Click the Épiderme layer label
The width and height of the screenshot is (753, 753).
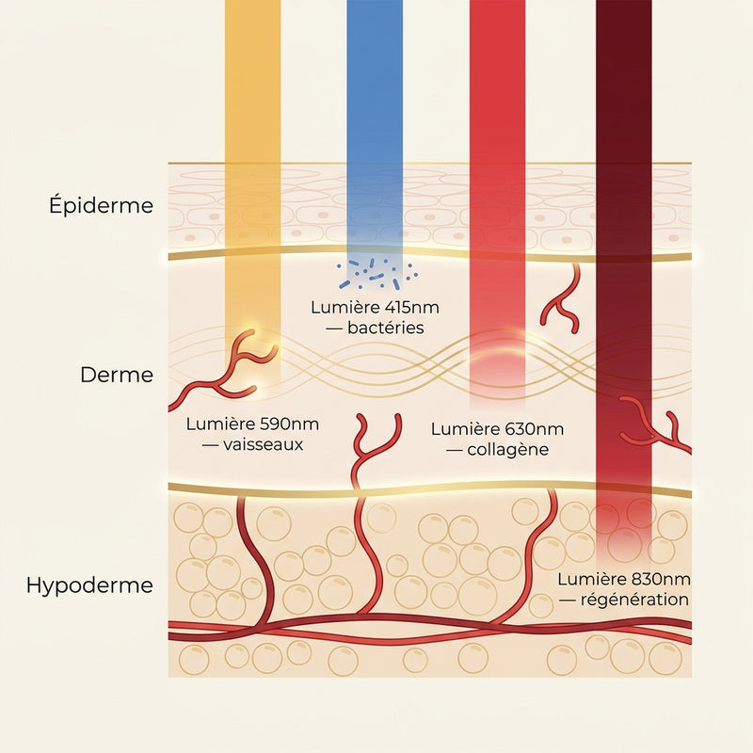pyautogui.click(x=101, y=205)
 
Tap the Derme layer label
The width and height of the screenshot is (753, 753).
pyautogui.click(x=117, y=375)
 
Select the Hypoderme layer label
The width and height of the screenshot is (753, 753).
pyautogui.click(x=89, y=585)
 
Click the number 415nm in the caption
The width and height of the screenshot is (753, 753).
pyautogui.click(x=412, y=308)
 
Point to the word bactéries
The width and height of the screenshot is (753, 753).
pyautogui.click(x=386, y=328)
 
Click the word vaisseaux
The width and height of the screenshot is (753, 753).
pyautogui.click(x=264, y=444)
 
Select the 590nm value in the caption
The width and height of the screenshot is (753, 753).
pyautogui.click(x=289, y=425)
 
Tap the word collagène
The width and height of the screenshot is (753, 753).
pyautogui.click(x=507, y=450)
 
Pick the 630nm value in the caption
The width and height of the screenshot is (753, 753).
pyautogui.click(x=535, y=429)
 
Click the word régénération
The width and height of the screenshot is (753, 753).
pyautogui.click(x=634, y=600)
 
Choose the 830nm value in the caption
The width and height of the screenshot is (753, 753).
pyautogui.click(x=662, y=579)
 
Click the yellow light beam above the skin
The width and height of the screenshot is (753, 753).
pyautogui.click(x=252, y=82)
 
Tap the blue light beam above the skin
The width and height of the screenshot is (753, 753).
pyautogui.click(x=375, y=82)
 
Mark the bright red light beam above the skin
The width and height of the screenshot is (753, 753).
pyautogui.click(x=498, y=82)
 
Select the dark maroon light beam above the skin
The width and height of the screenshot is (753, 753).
pyautogui.click(x=624, y=82)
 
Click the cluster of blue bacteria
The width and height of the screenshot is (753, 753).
pyautogui.click(x=377, y=275)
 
